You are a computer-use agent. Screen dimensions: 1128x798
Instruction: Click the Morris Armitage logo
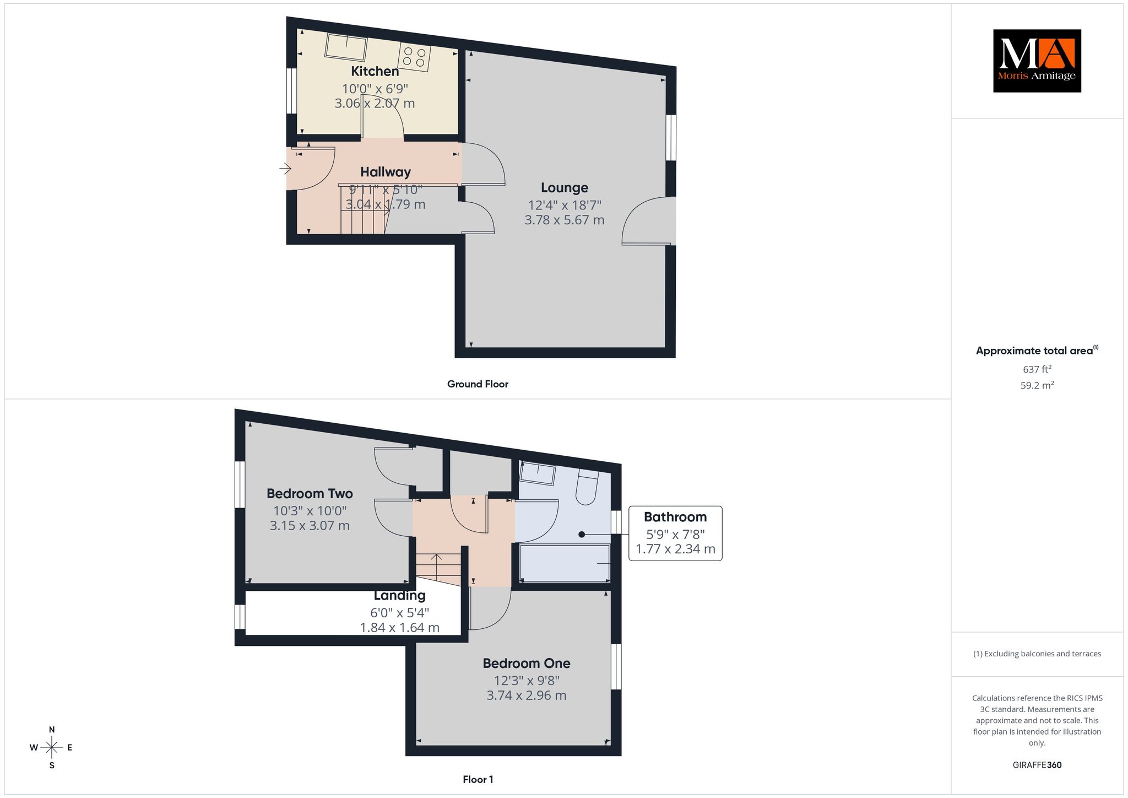(1037, 61)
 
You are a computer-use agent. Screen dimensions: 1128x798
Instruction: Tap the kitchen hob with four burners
(415, 56)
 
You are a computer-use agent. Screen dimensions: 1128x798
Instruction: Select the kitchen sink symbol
(346, 47)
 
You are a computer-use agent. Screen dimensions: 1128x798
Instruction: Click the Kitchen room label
(375, 71)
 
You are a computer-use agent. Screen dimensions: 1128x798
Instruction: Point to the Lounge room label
(565, 188)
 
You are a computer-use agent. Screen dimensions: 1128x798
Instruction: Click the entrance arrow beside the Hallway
(285, 168)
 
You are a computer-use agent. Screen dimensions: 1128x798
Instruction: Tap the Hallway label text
(386, 172)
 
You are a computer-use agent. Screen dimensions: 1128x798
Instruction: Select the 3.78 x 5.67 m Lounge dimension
(565, 220)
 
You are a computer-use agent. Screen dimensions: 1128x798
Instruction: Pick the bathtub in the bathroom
(565, 563)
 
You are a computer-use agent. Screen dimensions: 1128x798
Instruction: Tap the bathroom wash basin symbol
(538, 473)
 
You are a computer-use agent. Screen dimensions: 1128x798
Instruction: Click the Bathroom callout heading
(675, 517)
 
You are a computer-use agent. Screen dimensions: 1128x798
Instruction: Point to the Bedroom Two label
(310, 493)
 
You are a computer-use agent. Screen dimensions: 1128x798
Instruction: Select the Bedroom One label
(527, 663)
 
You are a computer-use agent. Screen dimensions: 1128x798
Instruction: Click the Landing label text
(400, 595)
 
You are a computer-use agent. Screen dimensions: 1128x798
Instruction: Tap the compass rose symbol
(52, 747)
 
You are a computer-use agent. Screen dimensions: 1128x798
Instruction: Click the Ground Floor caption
(478, 384)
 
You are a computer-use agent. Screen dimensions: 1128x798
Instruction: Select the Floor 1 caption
(478, 779)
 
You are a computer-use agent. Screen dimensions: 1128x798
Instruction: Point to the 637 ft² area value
(1037, 369)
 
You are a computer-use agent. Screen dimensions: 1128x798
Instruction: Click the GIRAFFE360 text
(1037, 765)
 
